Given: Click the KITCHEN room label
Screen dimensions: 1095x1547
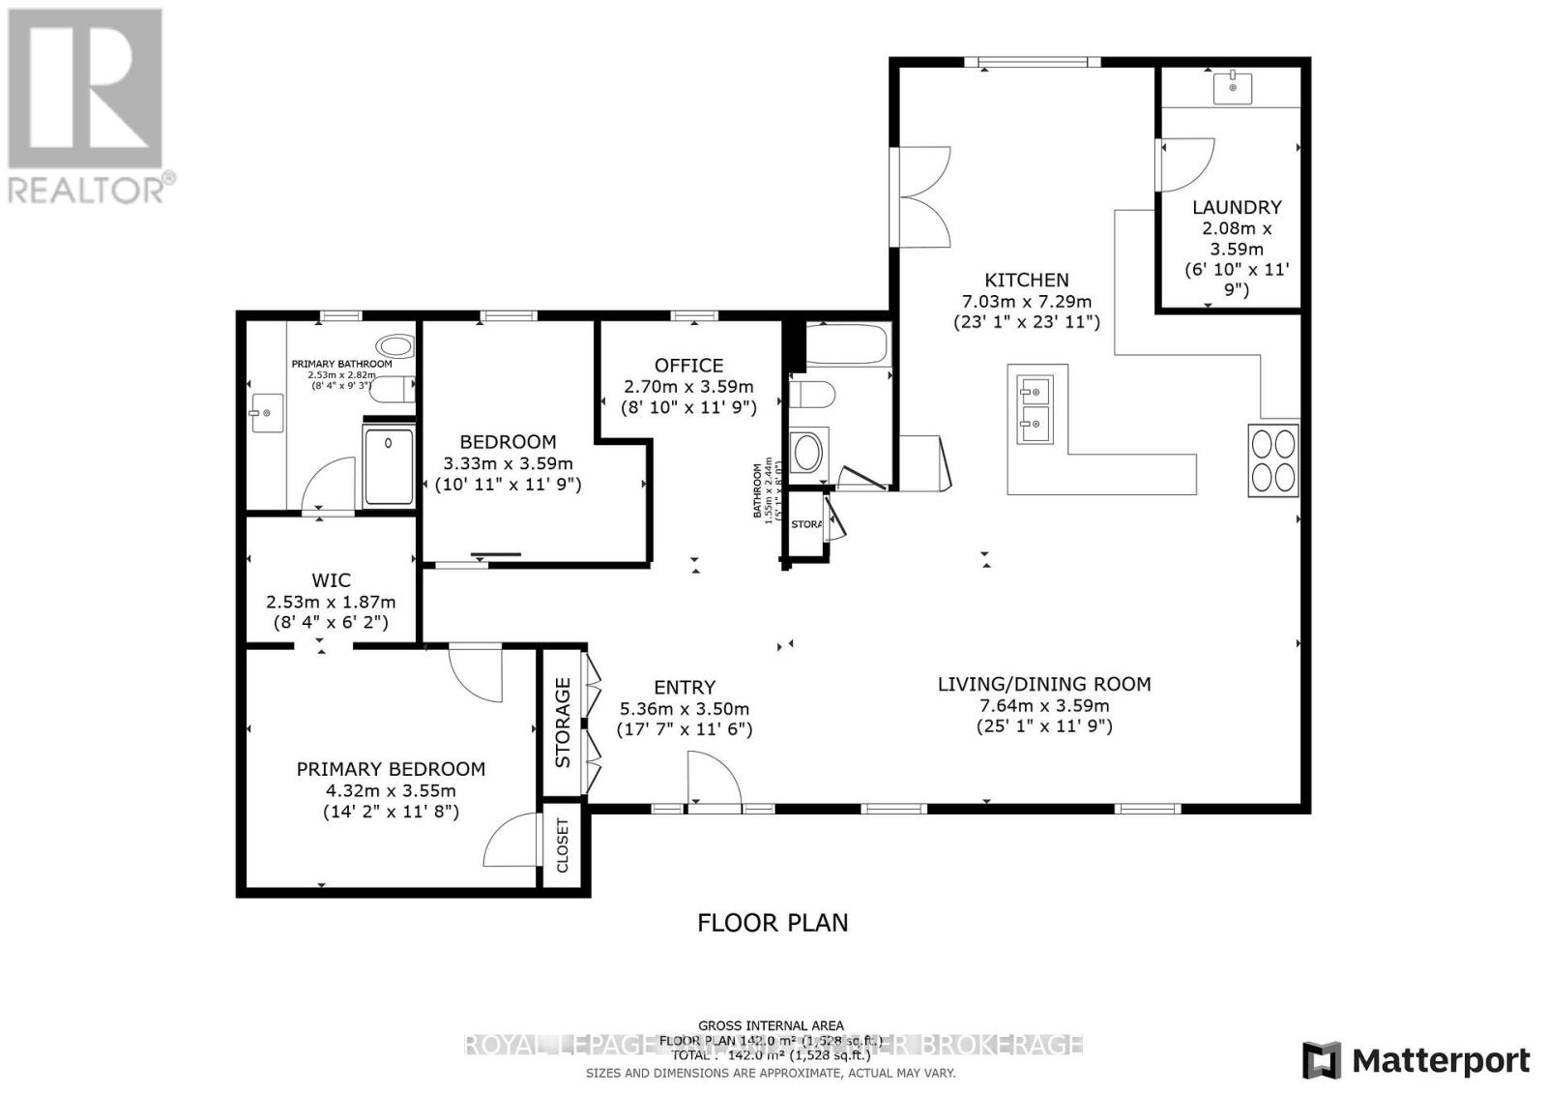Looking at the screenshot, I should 1026,281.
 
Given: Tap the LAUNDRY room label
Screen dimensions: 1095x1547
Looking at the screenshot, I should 1237,207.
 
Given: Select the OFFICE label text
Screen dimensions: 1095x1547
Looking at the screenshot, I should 688,366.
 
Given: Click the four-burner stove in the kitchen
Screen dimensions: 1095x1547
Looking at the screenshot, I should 1272,460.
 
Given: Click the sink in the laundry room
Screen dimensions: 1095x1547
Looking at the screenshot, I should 1233,87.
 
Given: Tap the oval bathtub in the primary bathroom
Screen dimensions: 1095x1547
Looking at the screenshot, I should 394,346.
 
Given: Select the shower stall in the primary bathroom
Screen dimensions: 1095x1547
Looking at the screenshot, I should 389,465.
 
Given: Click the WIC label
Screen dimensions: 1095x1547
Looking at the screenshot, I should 331,580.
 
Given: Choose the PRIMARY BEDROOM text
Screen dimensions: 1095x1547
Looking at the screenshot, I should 391,769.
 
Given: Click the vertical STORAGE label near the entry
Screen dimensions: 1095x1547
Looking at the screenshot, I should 563,722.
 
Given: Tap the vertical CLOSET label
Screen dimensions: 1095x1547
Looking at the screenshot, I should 563,845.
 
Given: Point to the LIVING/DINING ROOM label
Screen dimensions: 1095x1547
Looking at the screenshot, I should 1044,685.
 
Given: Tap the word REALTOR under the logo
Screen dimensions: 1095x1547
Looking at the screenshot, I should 87,189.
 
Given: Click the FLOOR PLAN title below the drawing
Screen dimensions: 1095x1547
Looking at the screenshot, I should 773,923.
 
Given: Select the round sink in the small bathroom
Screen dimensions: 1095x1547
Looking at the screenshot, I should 806,452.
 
